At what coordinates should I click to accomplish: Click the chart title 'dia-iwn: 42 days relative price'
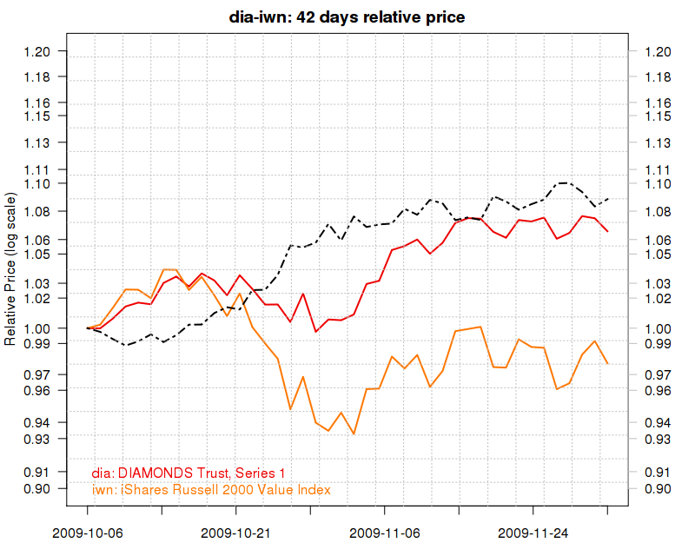347,16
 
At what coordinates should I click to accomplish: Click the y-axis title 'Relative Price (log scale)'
10,269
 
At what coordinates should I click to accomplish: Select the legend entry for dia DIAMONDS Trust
189,473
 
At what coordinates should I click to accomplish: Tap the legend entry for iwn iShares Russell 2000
211,490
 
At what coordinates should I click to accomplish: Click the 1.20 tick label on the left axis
41,51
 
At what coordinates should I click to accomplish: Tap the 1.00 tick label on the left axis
41,328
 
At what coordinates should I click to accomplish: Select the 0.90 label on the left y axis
41,489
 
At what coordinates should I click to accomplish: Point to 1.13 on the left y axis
41,142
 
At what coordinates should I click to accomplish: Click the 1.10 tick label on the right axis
656,183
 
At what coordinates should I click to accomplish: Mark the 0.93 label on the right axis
656,439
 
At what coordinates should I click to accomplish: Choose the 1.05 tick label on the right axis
656,255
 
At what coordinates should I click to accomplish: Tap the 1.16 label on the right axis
656,103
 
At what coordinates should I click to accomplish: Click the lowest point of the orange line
354,434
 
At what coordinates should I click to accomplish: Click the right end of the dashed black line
607,199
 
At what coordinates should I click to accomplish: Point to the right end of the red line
607,231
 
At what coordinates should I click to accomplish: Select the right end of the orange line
607,363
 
